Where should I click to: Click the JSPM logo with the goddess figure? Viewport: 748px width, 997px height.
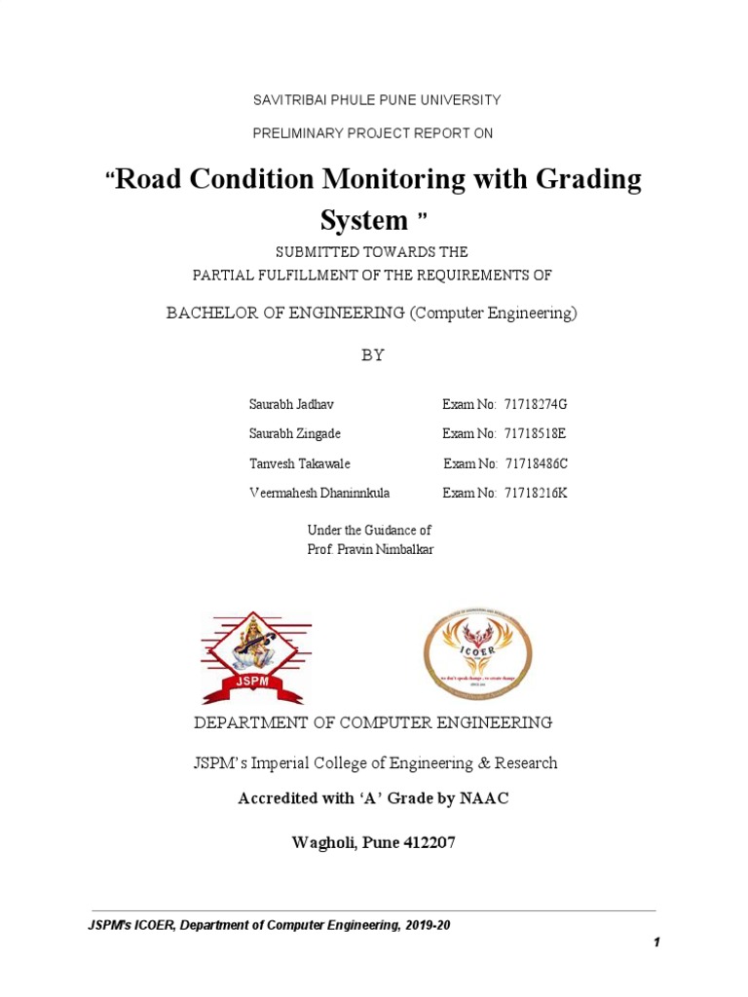coord(255,657)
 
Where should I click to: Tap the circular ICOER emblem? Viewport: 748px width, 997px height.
coord(477,655)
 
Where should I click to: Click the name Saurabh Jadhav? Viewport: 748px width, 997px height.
coord(292,404)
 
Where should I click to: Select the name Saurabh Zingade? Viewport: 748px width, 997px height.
coord(296,434)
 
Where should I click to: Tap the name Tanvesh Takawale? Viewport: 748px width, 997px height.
coord(300,464)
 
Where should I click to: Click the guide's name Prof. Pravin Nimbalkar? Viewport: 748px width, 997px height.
coord(369,550)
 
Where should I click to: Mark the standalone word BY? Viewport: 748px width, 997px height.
coord(373,355)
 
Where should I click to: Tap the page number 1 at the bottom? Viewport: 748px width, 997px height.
coord(657,942)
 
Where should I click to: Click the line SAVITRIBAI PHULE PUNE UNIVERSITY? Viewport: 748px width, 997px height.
coord(376,100)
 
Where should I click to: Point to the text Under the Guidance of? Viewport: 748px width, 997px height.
coord(369,531)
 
